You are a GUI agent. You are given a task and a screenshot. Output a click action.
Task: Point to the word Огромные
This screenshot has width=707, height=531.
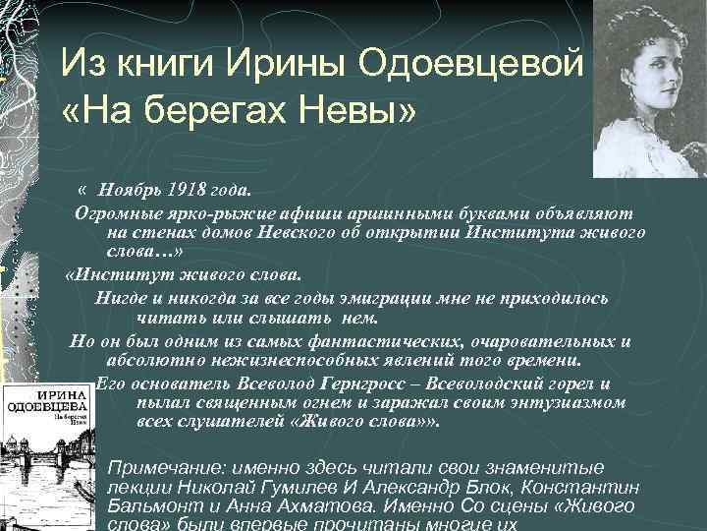pyautogui.click(x=114, y=212)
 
